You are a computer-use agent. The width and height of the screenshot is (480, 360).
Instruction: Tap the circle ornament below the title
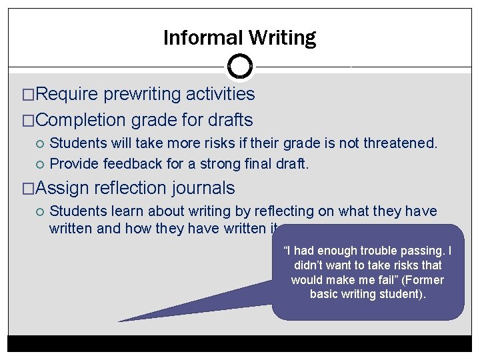[x=239, y=65]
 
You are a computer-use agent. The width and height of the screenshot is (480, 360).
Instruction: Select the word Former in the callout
[x=423, y=280]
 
